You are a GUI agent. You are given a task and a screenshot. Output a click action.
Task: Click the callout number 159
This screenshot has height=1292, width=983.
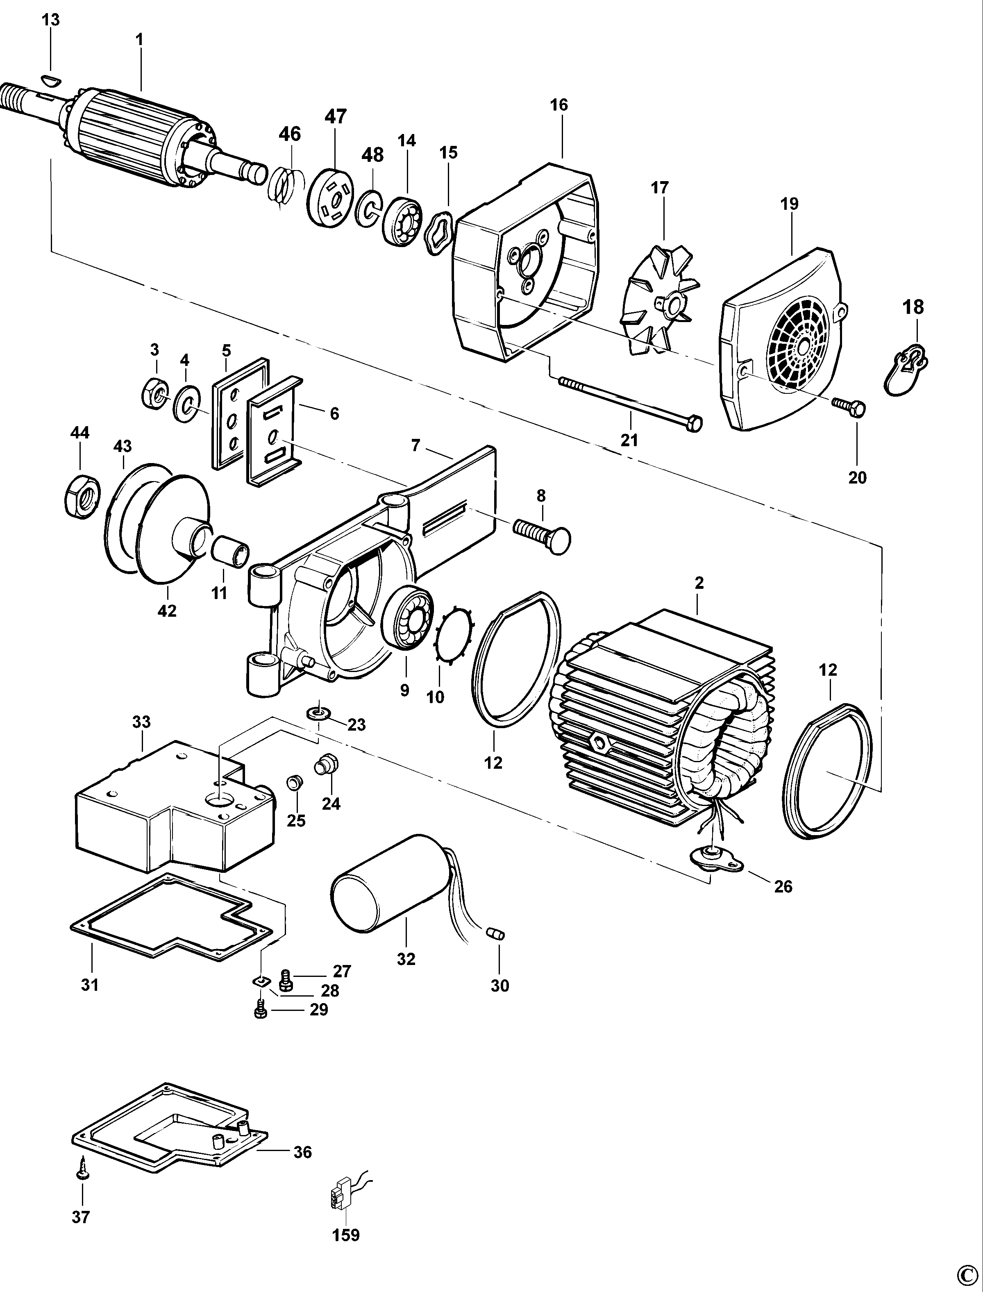click(346, 1235)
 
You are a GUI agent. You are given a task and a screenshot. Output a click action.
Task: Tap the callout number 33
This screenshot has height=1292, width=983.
click(141, 722)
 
